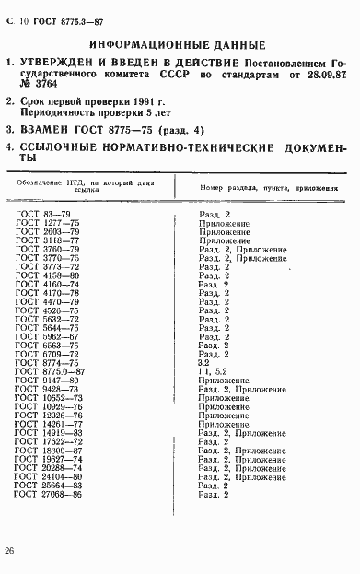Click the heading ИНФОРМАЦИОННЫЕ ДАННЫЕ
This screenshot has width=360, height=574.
point(180,44)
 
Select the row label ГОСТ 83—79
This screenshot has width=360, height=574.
point(43,215)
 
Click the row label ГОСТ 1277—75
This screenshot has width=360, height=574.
point(48,223)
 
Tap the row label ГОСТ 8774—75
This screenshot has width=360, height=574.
point(48,362)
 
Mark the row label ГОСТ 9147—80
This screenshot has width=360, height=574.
point(48,380)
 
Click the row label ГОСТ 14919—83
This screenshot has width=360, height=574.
point(50,431)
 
